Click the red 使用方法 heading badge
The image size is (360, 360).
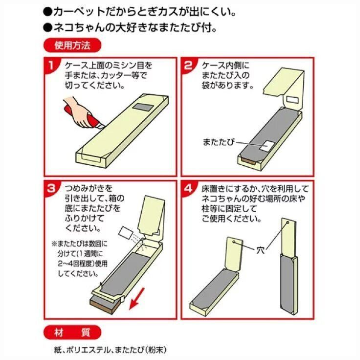[72, 45]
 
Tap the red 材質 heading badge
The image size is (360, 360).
[72, 332]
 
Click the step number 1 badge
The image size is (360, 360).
[51, 65]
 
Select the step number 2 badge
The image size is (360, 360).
[188, 65]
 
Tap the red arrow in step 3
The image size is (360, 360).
[137, 298]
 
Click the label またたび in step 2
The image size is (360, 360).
[218, 142]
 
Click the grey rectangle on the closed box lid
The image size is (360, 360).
[143, 107]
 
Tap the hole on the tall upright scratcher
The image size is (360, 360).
[287, 222]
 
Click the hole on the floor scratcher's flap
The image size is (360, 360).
[233, 242]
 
